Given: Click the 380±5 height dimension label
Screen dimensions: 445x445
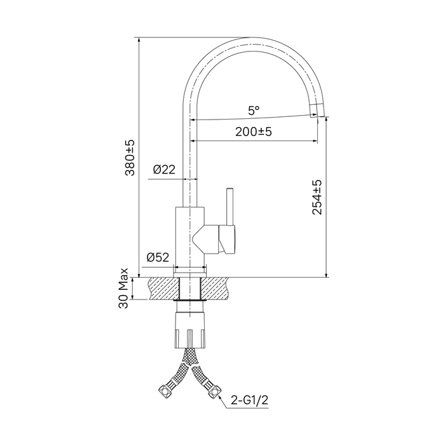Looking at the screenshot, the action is (130, 158).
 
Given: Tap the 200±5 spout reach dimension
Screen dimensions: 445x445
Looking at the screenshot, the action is (254, 132).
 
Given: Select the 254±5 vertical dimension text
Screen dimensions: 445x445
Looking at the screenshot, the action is (317, 197).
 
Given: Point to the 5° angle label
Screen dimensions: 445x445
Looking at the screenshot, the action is (254, 110).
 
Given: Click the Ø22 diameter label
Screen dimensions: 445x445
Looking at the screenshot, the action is (164, 170).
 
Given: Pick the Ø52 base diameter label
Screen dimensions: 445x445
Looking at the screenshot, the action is (158, 257).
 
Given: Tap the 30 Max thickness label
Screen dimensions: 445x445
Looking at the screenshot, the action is (124, 288).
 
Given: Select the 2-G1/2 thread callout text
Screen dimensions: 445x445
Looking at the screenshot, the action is (249, 400).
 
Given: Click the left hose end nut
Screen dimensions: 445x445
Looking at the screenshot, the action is (163, 391).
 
